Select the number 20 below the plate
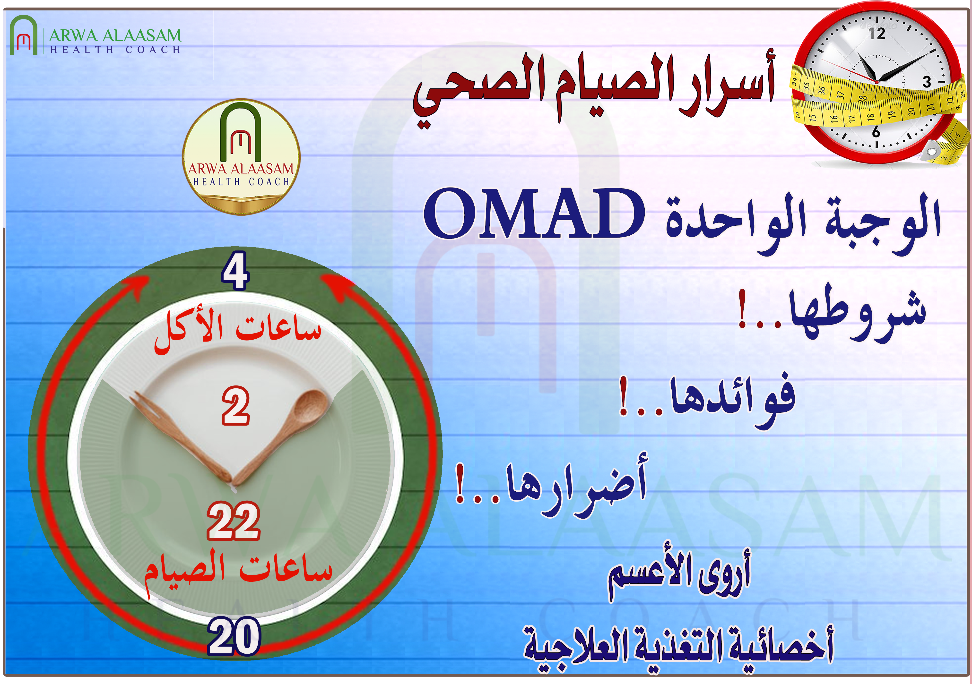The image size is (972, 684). click(x=234, y=636)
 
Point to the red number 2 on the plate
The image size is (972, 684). click(x=236, y=405)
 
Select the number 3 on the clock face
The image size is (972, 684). click(x=927, y=82)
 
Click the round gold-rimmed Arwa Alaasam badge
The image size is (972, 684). click(x=241, y=157)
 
